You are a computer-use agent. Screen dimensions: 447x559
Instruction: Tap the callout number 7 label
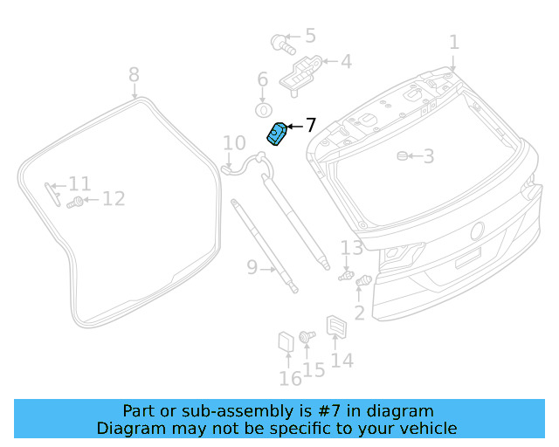310,126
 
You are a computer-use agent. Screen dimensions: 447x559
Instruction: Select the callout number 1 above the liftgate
453,42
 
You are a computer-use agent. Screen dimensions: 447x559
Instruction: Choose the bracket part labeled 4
299,69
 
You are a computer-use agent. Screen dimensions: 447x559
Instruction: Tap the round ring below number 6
263,110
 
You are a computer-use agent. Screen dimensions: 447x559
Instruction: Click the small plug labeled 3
403,156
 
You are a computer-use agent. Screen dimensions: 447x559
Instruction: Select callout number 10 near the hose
234,143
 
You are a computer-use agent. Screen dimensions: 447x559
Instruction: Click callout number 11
79,184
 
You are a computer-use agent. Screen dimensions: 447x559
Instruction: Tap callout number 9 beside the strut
252,267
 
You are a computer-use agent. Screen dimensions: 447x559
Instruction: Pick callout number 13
351,248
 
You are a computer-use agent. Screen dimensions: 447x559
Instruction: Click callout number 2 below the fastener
359,313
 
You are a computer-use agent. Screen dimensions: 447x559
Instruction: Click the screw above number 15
307,335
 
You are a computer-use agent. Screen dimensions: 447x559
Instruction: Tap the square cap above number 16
286,342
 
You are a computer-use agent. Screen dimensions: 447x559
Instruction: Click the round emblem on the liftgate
478,231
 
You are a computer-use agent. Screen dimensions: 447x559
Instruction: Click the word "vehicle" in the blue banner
424,428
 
